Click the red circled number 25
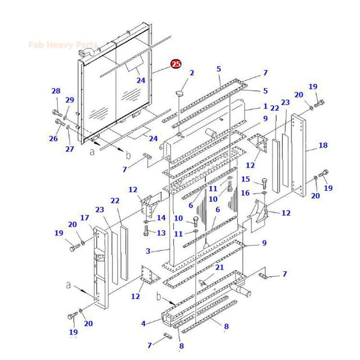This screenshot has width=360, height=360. [176, 65]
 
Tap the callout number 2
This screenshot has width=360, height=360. [191, 73]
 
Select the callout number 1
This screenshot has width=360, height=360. [265, 106]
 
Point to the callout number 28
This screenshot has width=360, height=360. [56, 91]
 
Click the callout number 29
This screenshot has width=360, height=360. [70, 100]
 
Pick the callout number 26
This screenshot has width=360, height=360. [53, 138]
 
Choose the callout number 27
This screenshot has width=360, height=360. [69, 149]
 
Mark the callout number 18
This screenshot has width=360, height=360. [323, 146]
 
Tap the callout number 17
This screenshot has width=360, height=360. [84, 218]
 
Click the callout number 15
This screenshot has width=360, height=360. [245, 179]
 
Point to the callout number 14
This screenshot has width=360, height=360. [161, 218]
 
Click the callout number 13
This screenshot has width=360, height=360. [161, 233]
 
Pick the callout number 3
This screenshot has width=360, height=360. [148, 251]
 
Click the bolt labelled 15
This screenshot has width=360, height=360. [265, 182]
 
